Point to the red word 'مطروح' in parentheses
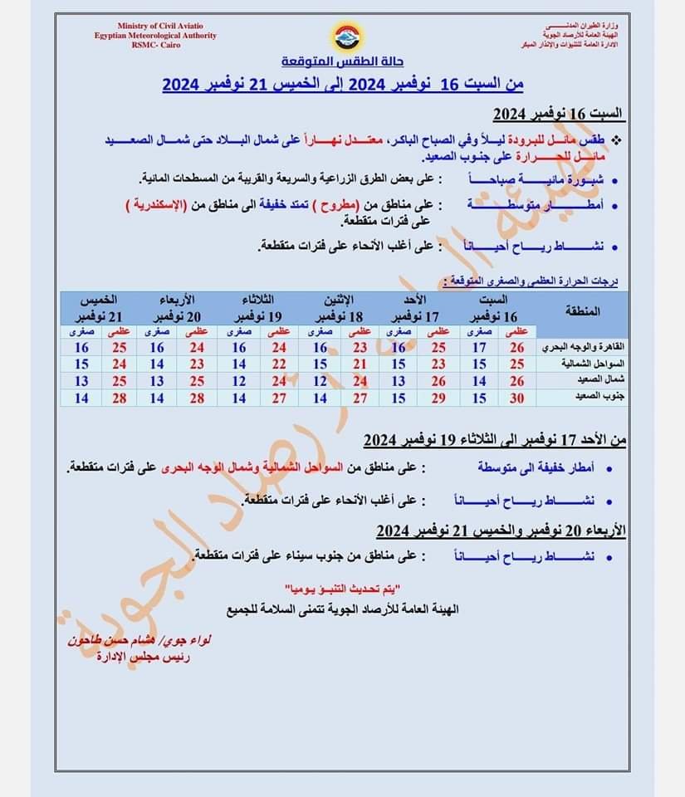click(x=338, y=203)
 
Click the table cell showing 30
click(x=517, y=398)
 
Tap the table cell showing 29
click(x=438, y=398)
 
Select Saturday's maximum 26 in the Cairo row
click(x=517, y=348)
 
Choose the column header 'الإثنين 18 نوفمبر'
click(x=339, y=308)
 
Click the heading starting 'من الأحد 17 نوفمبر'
click(x=494, y=440)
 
